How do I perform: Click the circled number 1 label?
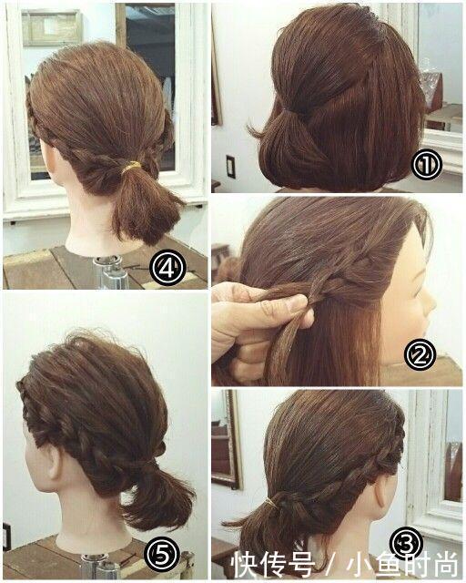pos(427,166)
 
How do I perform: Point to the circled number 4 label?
pos(167,268)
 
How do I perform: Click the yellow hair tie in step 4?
pos(131,167)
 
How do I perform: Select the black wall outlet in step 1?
pos(230,166)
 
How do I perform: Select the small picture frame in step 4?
pos(52,27)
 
